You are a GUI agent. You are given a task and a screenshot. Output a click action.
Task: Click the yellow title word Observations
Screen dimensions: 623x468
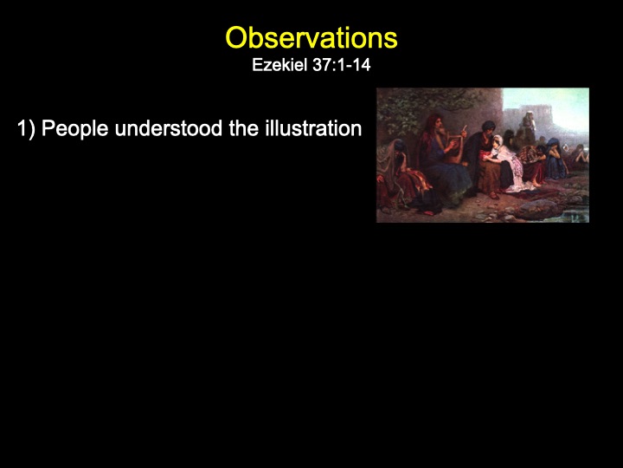(311, 38)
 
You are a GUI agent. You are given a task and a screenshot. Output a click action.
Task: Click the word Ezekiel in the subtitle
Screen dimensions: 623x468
(280, 65)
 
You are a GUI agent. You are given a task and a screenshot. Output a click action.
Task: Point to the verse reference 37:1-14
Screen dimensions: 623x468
(342, 65)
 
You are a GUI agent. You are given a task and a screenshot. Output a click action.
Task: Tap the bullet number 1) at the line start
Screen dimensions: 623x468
(26, 129)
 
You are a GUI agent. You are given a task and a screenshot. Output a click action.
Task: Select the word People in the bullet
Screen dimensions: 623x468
(75, 129)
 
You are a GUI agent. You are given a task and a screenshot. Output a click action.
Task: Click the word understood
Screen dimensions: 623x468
(169, 128)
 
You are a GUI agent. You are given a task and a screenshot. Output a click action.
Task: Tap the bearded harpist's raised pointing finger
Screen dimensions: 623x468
(463, 128)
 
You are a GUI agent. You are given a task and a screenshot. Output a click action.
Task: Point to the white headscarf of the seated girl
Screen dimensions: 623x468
(498, 142)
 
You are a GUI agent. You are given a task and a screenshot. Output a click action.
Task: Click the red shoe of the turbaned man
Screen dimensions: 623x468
(494, 195)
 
